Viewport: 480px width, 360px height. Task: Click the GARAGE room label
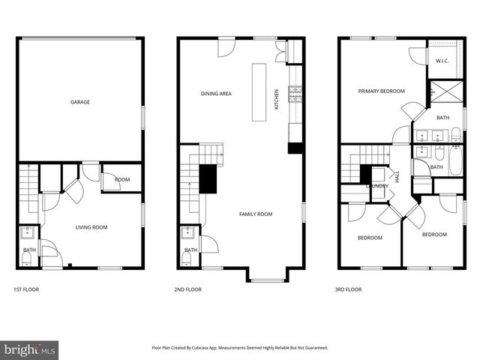point(80,102)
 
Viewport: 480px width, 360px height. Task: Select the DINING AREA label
point(216,94)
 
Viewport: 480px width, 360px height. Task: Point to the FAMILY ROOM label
point(255,214)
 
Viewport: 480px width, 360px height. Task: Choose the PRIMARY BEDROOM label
point(381,91)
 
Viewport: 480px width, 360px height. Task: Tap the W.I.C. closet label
point(442,61)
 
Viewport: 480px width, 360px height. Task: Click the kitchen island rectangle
point(259,91)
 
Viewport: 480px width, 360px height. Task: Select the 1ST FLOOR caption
point(26,289)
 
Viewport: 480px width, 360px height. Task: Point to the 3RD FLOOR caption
point(348,289)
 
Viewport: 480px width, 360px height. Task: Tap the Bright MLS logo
point(29,349)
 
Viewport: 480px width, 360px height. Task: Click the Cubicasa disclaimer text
point(240,348)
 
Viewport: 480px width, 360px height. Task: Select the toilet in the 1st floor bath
point(27,259)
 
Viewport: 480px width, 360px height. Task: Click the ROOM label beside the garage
point(121,180)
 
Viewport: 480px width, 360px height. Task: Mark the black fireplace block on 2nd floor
point(208,178)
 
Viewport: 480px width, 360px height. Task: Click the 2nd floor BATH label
point(190,250)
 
